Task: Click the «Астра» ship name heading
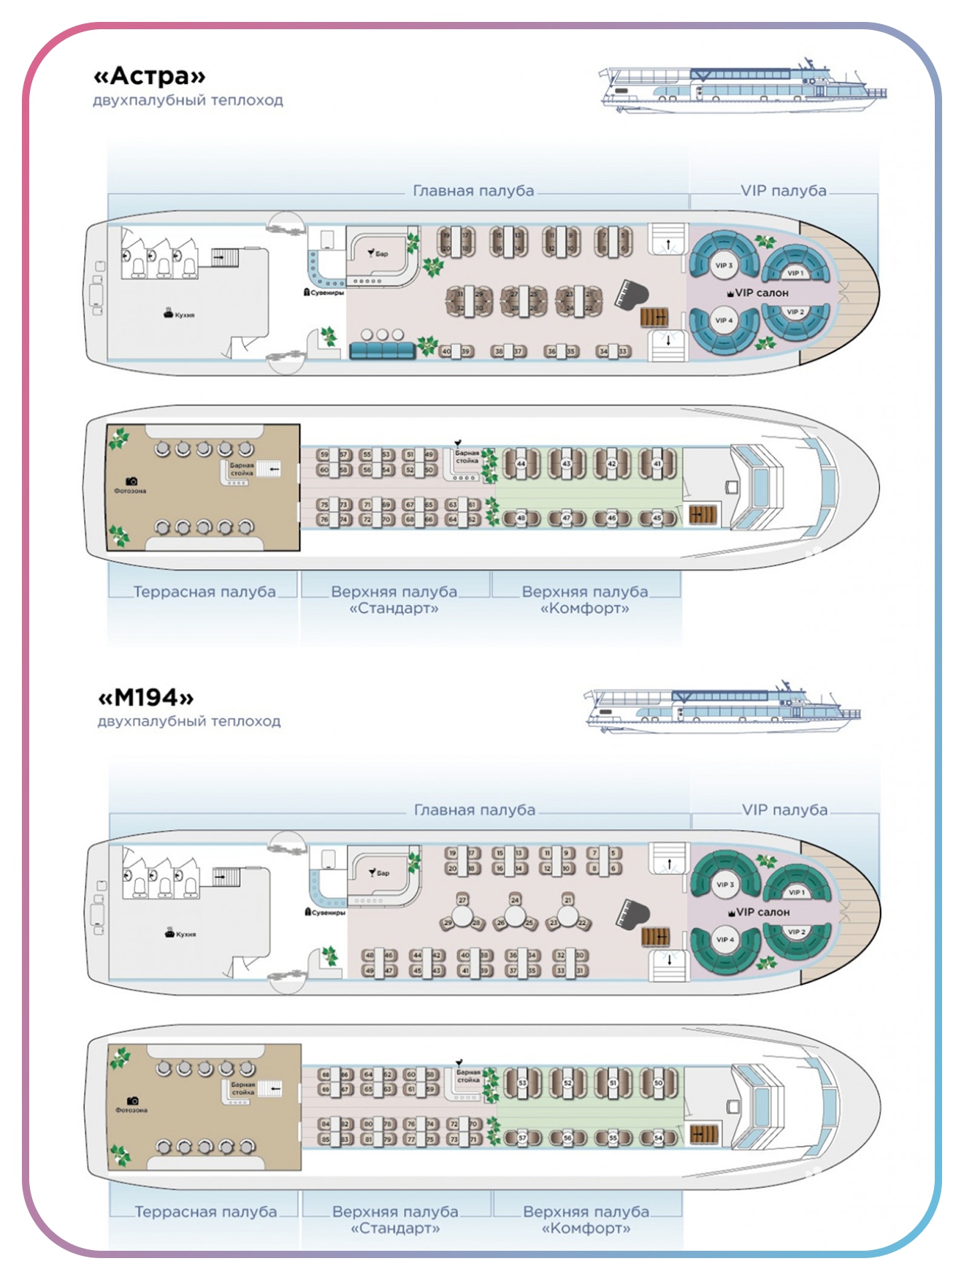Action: click(x=150, y=76)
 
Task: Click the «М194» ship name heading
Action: click(x=146, y=698)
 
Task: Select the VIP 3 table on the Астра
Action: click(x=723, y=265)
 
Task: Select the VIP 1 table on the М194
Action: click(x=796, y=892)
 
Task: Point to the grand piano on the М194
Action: click(x=632, y=913)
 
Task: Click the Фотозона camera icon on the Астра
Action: click(x=131, y=481)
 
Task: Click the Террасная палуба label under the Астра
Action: click(x=204, y=592)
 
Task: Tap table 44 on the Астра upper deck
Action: click(x=521, y=464)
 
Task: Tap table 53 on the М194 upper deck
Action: click(x=522, y=1083)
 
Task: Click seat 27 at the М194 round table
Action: click(x=462, y=899)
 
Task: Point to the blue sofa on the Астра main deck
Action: click(x=382, y=351)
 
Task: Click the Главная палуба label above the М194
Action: click(x=475, y=810)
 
